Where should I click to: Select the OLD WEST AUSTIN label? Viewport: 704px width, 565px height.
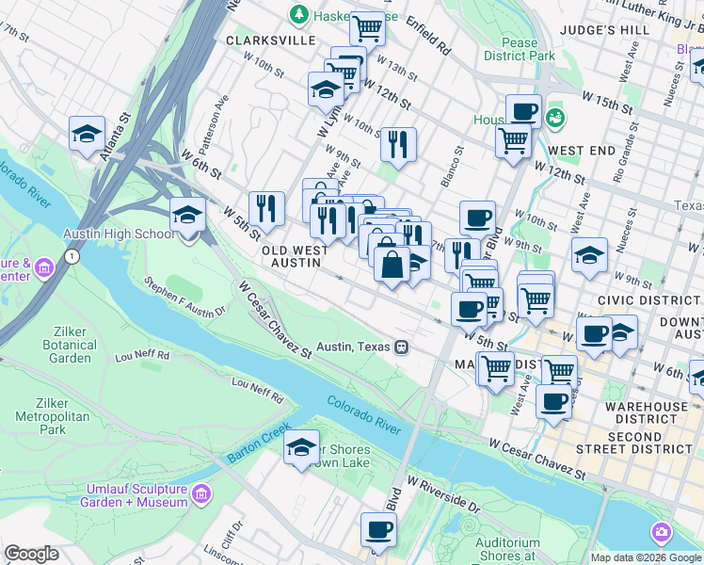click(295, 256)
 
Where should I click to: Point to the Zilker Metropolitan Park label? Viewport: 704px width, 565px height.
click(58, 415)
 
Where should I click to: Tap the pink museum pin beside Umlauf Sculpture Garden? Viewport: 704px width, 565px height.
click(200, 494)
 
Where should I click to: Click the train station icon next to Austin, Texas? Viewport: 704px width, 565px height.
click(401, 347)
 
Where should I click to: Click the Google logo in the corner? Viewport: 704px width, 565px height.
click(31, 554)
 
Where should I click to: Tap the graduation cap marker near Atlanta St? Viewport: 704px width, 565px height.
click(87, 133)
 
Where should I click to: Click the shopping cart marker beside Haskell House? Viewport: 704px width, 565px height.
click(366, 27)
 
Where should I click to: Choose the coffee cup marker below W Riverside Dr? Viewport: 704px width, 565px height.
click(378, 529)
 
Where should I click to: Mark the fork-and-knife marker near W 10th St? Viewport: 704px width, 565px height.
click(398, 144)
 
